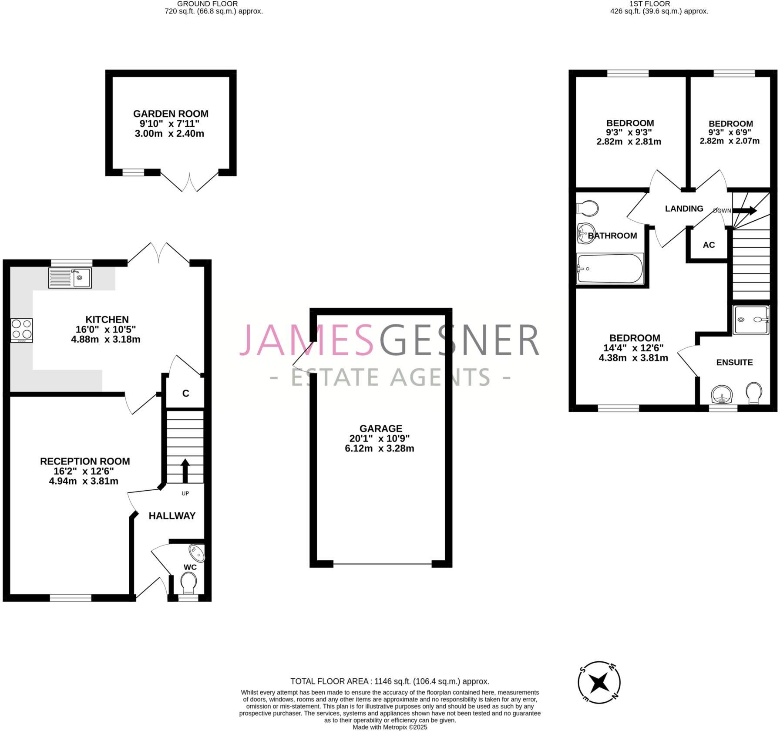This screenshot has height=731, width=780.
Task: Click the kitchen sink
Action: coord(70,278)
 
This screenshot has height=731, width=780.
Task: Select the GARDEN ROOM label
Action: coord(171,114)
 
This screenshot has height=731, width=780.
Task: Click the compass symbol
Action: coord(599,682)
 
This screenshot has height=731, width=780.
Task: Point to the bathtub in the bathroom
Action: coord(609,269)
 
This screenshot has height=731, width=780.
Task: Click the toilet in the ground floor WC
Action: coord(188,582)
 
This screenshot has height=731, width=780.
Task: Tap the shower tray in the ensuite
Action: coord(751,320)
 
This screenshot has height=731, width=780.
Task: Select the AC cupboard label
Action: coord(709,245)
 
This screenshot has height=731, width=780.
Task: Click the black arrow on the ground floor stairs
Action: coord(185,470)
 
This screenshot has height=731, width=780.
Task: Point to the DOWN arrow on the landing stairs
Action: coord(745,211)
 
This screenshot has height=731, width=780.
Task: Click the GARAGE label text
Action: coord(381,428)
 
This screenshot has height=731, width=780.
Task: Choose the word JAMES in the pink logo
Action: coord(307,340)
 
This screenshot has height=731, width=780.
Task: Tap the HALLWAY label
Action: coord(172,516)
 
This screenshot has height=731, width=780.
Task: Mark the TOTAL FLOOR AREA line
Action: coord(390,681)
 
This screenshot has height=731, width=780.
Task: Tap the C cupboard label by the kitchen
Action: coord(185,394)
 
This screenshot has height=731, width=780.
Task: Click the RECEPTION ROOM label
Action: coord(85,461)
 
